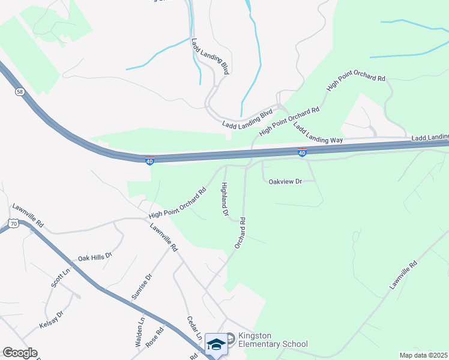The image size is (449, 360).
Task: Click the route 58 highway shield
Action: [20, 92]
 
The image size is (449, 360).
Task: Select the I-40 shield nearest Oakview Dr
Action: [303, 153]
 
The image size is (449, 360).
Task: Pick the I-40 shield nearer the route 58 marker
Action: [150, 160]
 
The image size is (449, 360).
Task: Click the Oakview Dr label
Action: [284, 181]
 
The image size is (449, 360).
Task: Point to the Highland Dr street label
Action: [225, 199]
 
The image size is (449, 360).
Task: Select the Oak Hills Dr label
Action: [95, 257]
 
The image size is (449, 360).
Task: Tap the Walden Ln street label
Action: [141, 333]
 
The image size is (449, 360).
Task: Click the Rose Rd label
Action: [155, 337]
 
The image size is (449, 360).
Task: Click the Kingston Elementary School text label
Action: [273, 340]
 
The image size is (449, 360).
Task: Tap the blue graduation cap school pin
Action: [216, 344]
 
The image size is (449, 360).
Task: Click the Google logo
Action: [20, 353]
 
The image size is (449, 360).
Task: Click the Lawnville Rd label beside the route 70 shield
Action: [27, 215]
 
